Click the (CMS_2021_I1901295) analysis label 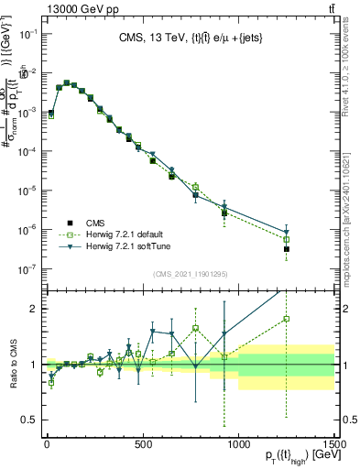[x=191, y=274]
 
